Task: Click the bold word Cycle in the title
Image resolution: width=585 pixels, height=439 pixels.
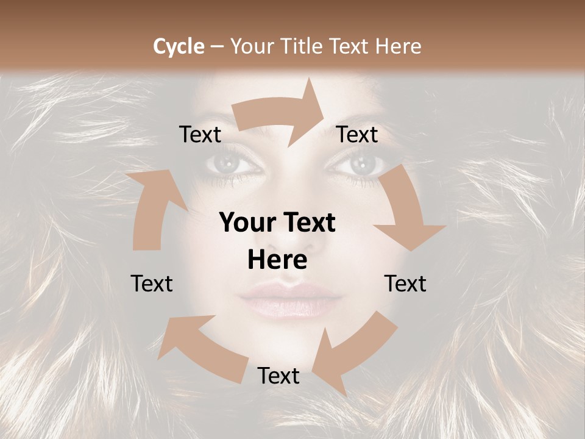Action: point(179,46)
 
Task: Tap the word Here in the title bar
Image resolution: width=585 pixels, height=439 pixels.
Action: point(399,46)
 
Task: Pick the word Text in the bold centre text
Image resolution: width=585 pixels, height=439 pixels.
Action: point(308,223)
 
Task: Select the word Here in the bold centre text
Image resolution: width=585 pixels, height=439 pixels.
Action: point(277,260)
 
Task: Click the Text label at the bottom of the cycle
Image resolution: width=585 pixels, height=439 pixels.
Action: point(278,376)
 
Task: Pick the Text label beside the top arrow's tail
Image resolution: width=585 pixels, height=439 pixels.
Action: point(200,134)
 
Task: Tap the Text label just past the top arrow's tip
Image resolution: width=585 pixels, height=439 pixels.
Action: point(358,134)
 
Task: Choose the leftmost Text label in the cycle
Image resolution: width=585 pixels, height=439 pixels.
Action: point(152,284)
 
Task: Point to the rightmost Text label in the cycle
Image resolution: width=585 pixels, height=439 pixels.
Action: point(405,284)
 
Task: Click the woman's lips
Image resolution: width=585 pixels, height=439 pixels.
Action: point(291,298)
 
